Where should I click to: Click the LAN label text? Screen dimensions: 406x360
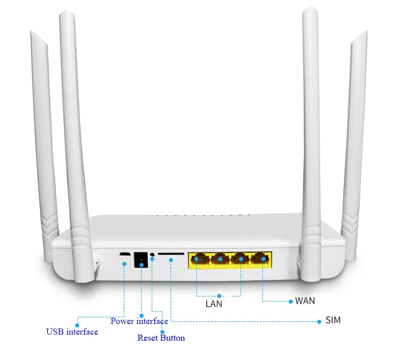coord(214,304)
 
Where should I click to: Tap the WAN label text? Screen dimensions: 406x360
coord(305,301)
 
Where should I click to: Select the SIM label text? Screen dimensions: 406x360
coord(333,320)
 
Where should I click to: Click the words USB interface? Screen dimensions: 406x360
coord(72,332)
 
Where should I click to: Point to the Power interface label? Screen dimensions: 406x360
coord(139,321)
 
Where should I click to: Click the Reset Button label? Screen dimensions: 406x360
coord(161,338)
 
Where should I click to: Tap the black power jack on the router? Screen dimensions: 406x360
coord(140,260)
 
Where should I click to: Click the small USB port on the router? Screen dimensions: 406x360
coord(124,254)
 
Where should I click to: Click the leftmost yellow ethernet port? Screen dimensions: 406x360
coord(198,259)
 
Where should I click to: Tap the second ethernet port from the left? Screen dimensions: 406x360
coord(220,259)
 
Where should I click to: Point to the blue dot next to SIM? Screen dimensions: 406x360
coord(319,321)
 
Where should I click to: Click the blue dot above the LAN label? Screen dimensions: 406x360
coord(219,296)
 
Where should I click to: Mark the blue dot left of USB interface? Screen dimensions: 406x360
coord(77,324)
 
